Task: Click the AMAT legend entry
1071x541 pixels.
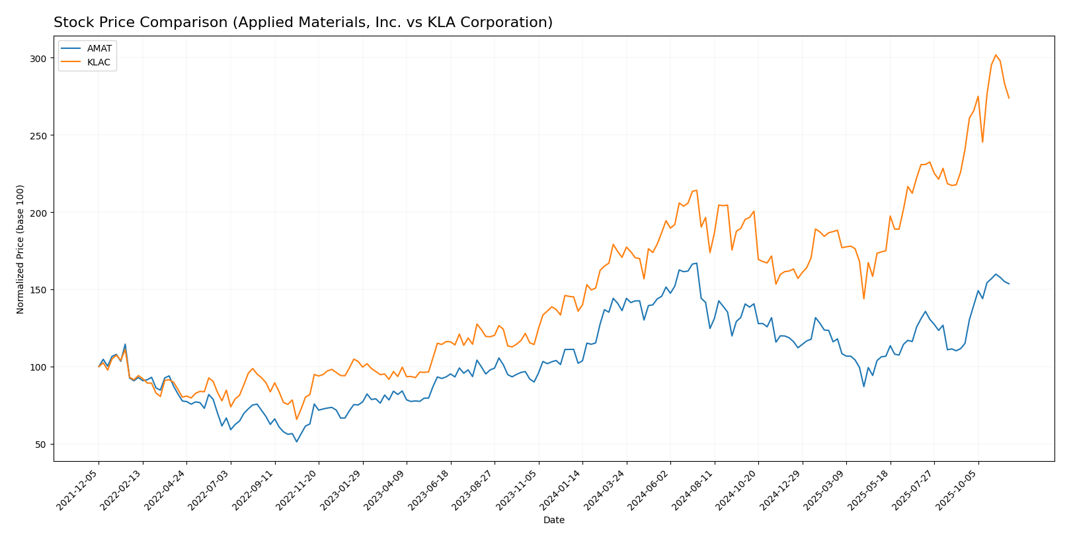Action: [99, 49]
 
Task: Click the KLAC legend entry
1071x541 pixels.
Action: [99, 63]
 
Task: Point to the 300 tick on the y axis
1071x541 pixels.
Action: [38, 59]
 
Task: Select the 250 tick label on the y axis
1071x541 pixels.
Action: [38, 135]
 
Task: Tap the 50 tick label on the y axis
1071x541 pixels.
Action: [40, 444]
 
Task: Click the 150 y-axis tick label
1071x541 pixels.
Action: [38, 290]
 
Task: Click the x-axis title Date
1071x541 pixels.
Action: [553, 521]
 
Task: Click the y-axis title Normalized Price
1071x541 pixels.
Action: [20, 249]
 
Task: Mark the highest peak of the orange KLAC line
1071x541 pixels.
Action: [996, 55]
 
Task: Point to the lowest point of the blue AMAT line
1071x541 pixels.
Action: [296, 441]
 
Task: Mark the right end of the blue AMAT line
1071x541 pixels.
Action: [1009, 284]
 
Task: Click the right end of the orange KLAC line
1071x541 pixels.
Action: [1009, 98]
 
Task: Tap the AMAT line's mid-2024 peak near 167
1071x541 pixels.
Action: [696, 263]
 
